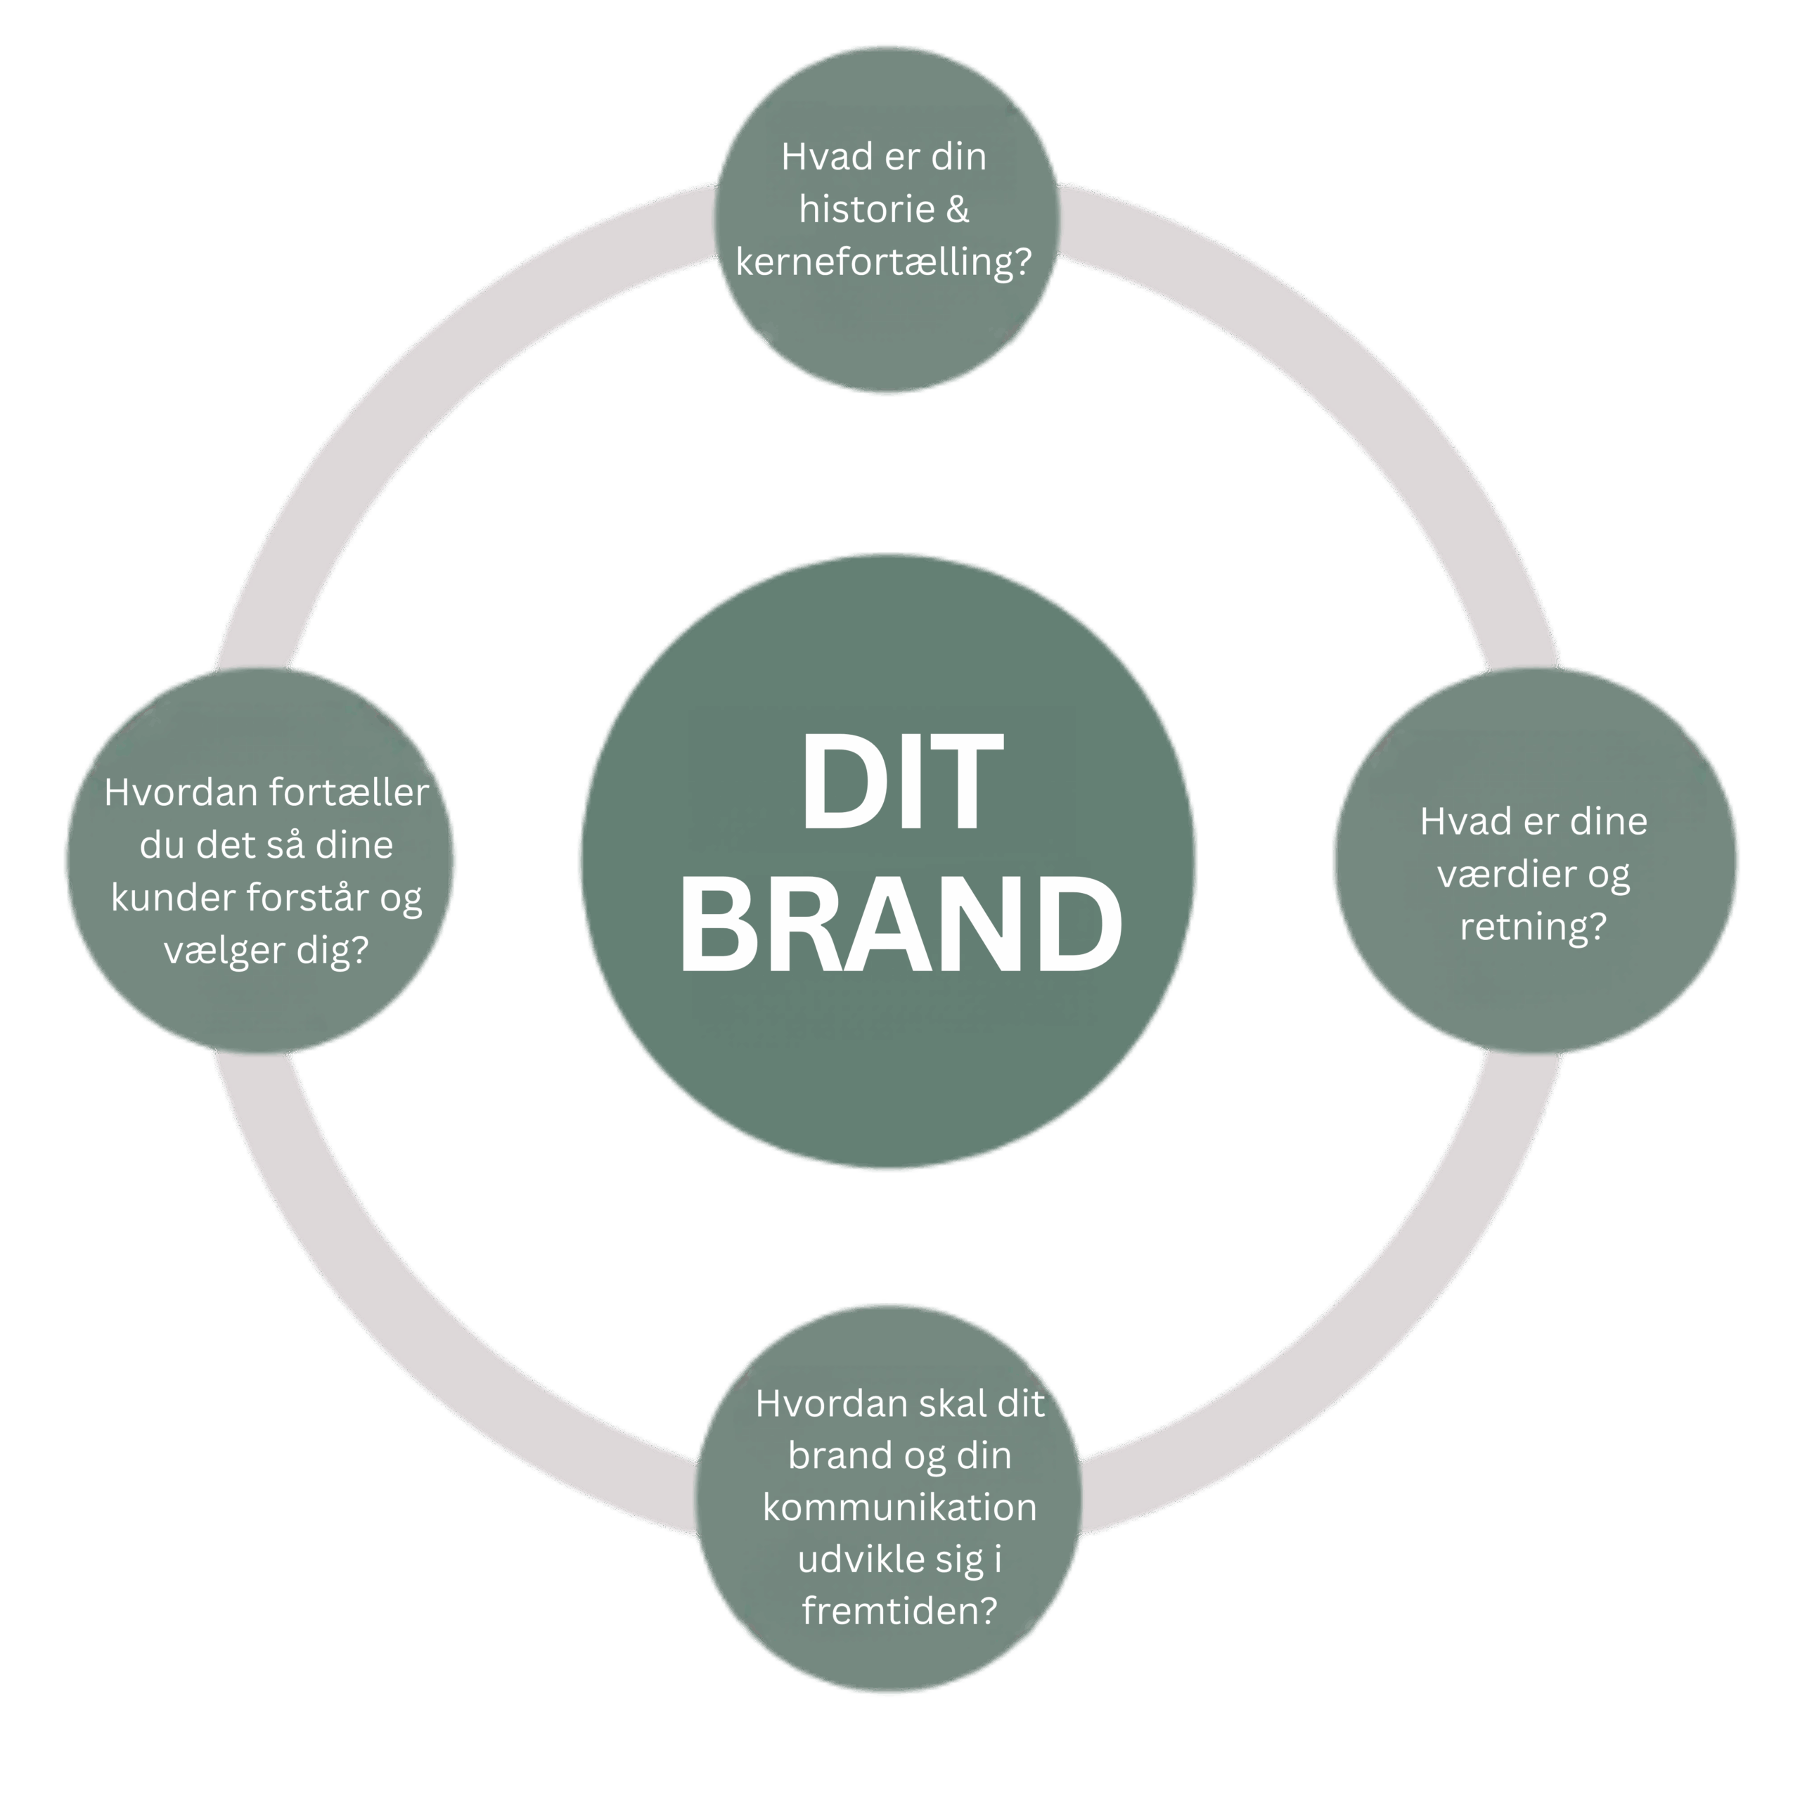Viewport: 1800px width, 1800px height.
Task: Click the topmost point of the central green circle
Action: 888,555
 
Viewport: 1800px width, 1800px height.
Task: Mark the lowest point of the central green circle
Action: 888,1167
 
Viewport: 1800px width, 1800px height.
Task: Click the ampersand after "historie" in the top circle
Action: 957,209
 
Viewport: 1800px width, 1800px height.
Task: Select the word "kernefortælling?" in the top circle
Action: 883,262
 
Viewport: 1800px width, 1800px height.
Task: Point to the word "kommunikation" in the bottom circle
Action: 899,1507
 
